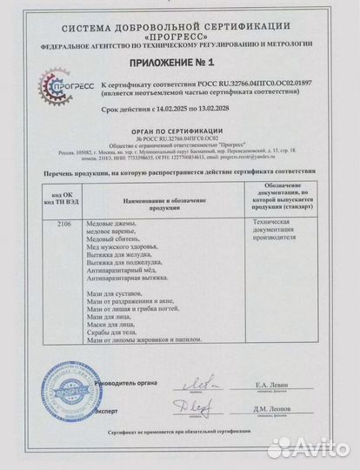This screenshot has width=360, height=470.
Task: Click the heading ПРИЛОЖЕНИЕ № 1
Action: click(181, 62)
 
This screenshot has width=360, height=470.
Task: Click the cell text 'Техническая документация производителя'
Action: click(276, 231)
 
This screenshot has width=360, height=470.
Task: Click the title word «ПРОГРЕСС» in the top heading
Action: click(180, 24)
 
